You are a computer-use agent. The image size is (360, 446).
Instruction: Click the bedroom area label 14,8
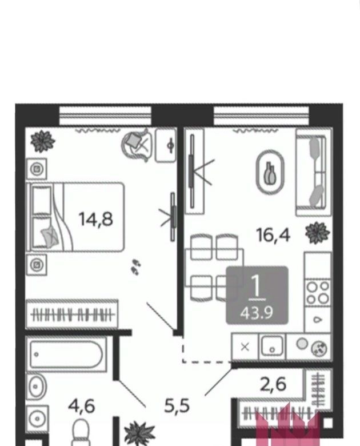(95, 220)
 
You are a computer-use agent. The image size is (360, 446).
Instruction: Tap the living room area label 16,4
(273, 235)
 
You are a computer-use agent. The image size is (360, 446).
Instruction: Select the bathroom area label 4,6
(81, 406)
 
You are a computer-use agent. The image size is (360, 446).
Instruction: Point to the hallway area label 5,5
(177, 405)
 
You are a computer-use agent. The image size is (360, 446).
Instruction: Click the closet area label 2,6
(273, 384)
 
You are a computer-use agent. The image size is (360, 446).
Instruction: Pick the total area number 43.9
(257, 313)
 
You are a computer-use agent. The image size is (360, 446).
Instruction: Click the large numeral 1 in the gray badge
(257, 286)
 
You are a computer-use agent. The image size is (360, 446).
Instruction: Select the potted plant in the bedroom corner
(43, 141)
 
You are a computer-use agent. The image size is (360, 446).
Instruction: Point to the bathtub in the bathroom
(66, 354)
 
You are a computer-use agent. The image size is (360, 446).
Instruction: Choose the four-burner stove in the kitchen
(318, 292)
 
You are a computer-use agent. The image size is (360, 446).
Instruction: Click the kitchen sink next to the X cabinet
(272, 346)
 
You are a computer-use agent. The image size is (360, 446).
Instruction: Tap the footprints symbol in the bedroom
(136, 268)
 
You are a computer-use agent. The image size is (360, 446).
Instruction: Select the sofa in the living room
(314, 172)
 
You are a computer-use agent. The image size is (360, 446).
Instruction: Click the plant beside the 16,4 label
(318, 233)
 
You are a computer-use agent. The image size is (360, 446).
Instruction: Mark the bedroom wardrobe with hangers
(72, 314)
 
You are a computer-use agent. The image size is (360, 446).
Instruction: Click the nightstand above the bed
(37, 169)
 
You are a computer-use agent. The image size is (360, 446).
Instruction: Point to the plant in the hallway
(140, 433)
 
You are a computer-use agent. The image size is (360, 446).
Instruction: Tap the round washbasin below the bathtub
(36, 387)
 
